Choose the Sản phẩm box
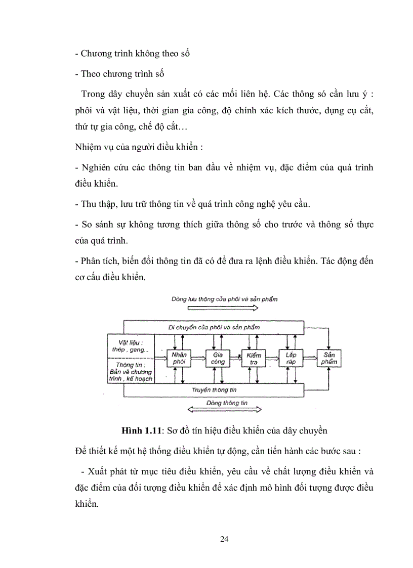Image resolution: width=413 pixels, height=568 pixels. pos(328,358)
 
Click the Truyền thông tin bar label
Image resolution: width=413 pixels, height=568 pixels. pos(215,390)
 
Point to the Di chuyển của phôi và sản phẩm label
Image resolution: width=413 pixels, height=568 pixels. pos(215,327)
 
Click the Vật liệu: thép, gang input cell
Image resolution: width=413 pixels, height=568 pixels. pos(131,345)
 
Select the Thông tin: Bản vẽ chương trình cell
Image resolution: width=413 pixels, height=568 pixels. pos(131,371)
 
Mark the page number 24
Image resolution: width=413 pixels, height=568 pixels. pos(225,539)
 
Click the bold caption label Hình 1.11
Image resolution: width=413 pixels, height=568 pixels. pos(142,430)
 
